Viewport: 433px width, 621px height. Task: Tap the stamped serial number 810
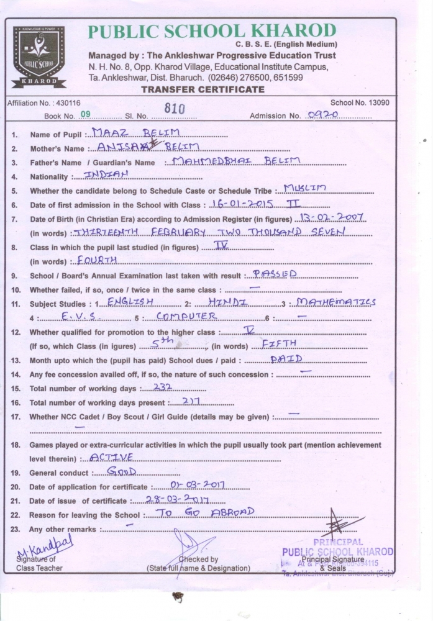[176, 109]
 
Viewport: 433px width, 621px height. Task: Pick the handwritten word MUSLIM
[304, 188]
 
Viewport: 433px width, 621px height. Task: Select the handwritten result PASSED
[275, 273]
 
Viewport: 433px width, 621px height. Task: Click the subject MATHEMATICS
[336, 302]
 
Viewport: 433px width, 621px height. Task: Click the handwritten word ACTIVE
[112, 457]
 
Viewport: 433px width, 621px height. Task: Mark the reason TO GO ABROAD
[204, 513]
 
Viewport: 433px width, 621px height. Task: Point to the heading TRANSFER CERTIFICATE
[203, 89]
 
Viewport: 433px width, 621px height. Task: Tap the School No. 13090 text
[360, 102]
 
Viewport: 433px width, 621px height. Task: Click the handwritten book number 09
[86, 114]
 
